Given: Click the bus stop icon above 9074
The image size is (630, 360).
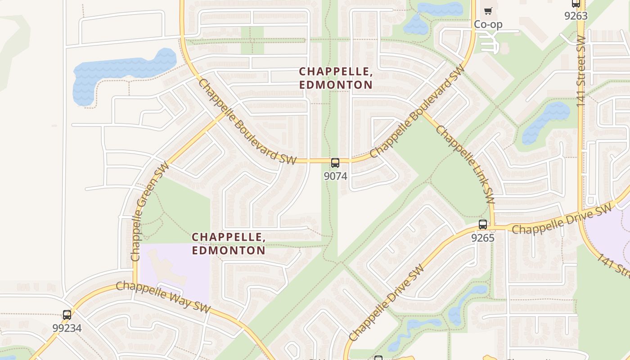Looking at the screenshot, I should tap(335, 163).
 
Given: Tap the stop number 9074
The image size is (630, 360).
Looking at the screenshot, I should tap(335, 176).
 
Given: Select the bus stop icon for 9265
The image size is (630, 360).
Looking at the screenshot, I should tap(483, 225).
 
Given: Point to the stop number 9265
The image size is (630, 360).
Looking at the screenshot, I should tap(483, 238).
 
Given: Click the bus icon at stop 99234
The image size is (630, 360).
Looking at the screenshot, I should tap(67, 315).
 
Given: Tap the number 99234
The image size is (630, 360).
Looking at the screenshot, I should tap(67, 328).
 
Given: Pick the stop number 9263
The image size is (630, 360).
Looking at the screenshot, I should tap(576, 16).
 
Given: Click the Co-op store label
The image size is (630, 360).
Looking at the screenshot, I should tap(488, 24).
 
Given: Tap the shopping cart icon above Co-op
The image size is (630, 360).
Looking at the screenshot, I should tap(488, 11).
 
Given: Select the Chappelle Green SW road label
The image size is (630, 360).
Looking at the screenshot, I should tap(149, 211).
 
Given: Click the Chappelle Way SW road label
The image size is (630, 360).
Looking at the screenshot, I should tap(163, 297).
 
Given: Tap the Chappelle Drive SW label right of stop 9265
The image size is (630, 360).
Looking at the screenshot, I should tap(562, 219).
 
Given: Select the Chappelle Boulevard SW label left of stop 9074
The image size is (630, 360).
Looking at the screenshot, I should tap(247, 122).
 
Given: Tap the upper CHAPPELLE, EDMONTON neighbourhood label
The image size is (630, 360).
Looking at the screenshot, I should tap(336, 78).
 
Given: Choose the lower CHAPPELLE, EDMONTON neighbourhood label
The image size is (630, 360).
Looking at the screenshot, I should tap(229, 244).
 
